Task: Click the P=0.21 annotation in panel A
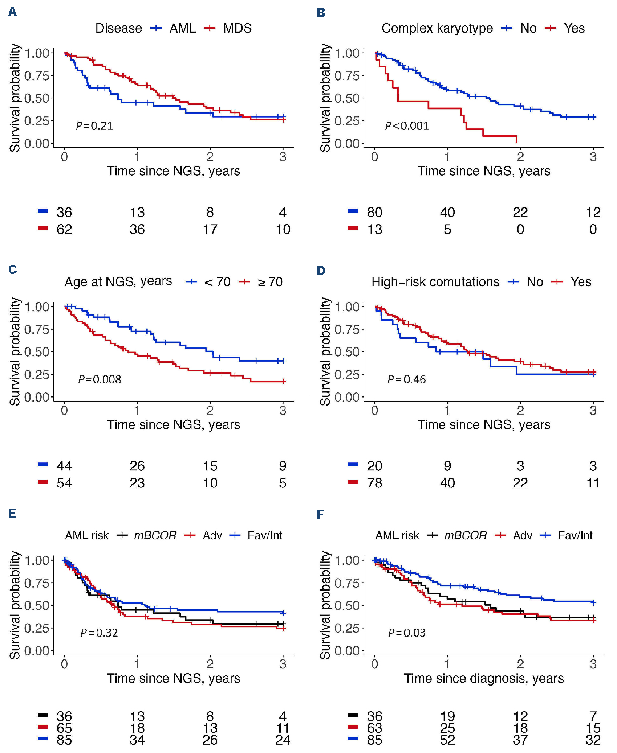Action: (94, 126)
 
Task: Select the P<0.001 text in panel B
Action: (407, 126)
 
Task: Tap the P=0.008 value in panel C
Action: (100, 379)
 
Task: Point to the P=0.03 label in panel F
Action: (407, 633)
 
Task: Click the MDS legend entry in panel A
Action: (237, 28)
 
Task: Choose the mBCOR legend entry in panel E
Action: (155, 535)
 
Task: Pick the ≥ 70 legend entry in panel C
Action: (270, 282)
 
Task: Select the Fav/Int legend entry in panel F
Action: (575, 535)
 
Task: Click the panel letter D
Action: (321, 270)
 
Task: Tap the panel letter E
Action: (12, 513)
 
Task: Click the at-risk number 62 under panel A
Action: (64, 229)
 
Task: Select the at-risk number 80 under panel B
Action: (374, 212)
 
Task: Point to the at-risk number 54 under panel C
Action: (64, 483)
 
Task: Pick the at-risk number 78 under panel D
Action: (374, 483)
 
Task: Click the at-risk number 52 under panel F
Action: (447, 740)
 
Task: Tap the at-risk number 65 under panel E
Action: (64, 728)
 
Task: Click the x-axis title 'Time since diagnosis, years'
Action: (484, 678)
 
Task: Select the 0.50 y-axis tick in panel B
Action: (347, 98)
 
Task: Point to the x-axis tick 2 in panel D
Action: (520, 410)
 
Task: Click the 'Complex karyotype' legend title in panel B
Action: (437, 28)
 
